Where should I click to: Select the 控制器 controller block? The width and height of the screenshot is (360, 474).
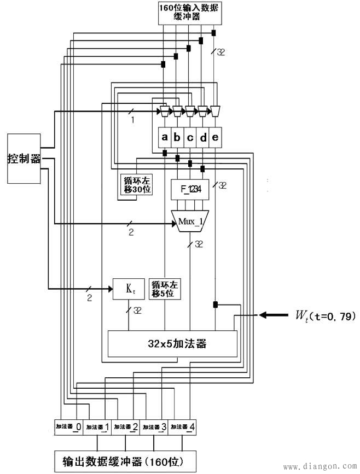[x=24, y=159]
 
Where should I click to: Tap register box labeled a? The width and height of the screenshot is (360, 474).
[x=164, y=138]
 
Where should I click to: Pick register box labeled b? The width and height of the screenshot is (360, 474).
[x=177, y=138]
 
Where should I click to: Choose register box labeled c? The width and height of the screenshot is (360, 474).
[x=190, y=138]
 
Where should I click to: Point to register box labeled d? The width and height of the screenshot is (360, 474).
[x=203, y=138]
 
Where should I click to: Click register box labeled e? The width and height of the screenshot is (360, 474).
[x=216, y=138]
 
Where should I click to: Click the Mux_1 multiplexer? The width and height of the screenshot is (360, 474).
[x=190, y=221]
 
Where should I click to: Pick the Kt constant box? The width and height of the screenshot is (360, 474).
[x=129, y=289]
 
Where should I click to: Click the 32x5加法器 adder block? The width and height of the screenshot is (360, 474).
[x=172, y=344]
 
